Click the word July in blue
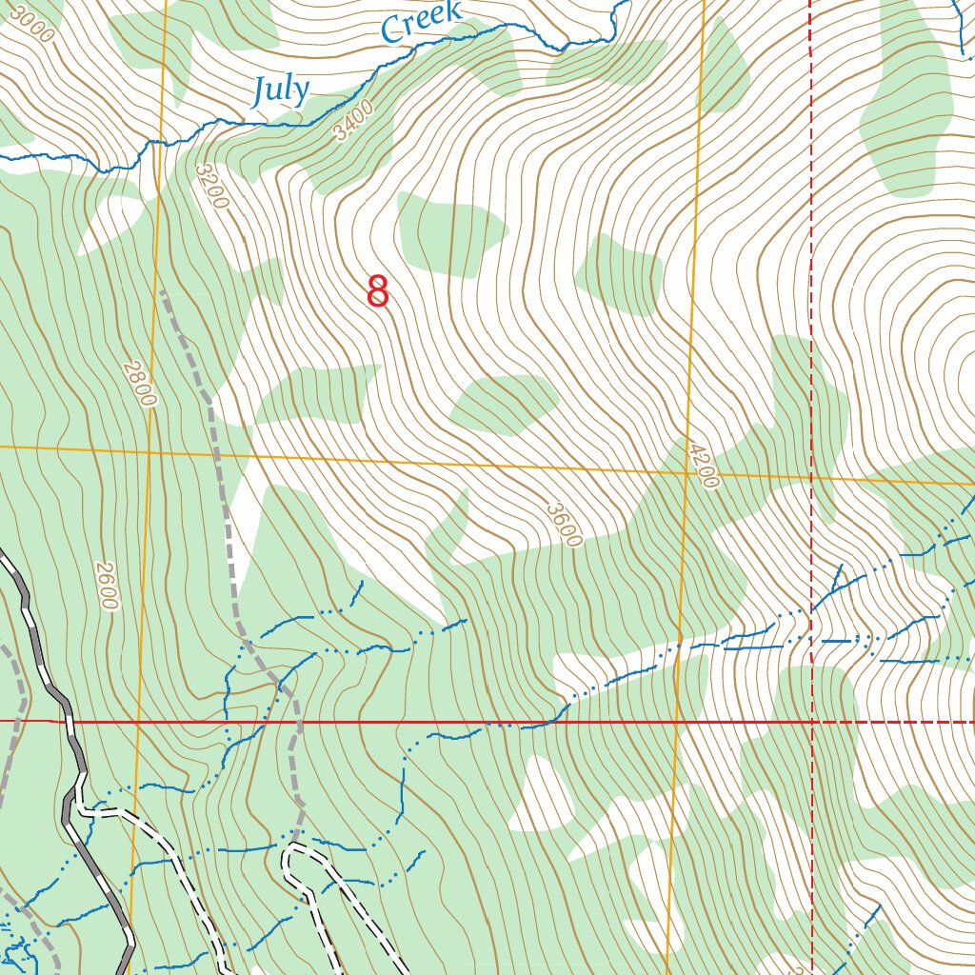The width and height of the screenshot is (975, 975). pos(282,90)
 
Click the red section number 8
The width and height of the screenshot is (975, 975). pos(378,291)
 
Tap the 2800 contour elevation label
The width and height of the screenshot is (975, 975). pos(139,383)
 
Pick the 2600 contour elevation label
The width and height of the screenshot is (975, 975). pos(106,586)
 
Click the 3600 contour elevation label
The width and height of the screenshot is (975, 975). pos(564,525)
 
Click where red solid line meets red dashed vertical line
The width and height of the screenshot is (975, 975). pos(812,722)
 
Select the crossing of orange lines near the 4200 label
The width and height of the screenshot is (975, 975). pos(687,472)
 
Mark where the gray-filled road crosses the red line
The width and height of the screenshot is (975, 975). pos(68,722)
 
